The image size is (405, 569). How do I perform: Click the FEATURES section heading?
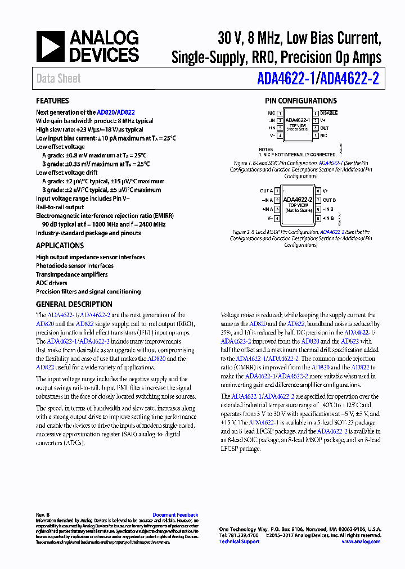coord(52,101)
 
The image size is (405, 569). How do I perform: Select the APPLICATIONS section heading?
coord(60,246)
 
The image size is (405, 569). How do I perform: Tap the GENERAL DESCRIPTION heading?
coord(74,304)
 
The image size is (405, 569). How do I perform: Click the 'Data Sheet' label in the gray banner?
coord(58,79)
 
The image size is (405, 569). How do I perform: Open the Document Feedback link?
coord(175,515)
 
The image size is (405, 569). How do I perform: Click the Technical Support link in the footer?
coord(239,541)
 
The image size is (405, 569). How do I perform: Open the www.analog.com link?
coord(361,541)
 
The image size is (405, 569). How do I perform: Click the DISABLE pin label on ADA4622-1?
coord(329,113)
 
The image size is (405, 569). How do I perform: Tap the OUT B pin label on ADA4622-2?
coord(329,200)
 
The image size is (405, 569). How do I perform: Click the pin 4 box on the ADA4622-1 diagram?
coord(280,136)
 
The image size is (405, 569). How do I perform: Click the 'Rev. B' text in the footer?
coord(43,515)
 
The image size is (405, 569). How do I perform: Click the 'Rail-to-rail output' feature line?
coord(60,207)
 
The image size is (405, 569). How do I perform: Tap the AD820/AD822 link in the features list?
coord(115,112)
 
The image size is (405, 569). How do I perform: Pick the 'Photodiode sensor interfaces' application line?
coord(75,266)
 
